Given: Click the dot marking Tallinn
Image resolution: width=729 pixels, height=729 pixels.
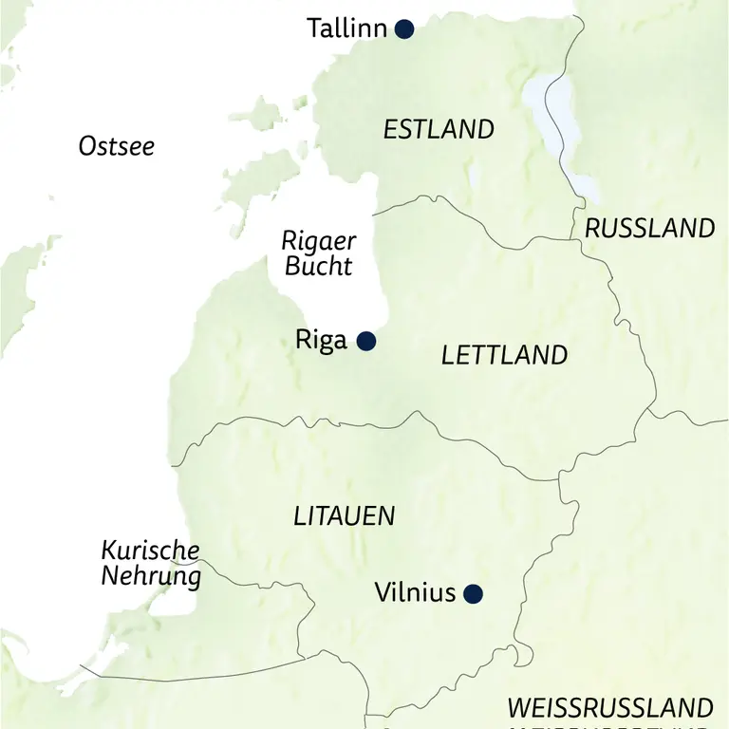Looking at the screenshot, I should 404,29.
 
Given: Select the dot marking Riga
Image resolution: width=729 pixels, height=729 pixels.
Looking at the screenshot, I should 365,341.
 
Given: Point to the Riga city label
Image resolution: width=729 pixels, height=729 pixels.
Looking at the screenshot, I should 322,341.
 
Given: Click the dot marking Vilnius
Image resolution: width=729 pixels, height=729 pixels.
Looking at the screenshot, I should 473,594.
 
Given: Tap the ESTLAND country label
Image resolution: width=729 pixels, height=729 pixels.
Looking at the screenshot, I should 439,129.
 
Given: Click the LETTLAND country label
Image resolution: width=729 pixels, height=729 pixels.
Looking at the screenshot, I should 504,356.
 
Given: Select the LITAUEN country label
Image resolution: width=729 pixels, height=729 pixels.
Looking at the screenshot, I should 344,516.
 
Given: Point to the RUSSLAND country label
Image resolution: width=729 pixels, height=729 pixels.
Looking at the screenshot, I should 649,228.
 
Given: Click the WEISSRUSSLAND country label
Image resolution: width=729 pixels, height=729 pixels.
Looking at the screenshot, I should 609,708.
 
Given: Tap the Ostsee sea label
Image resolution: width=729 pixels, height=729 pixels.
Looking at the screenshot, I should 116,146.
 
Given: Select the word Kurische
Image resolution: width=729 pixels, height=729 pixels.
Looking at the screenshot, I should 150,551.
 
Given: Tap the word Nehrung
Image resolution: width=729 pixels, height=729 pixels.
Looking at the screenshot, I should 152,575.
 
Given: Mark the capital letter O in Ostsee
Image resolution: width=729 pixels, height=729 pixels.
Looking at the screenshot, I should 87,146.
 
